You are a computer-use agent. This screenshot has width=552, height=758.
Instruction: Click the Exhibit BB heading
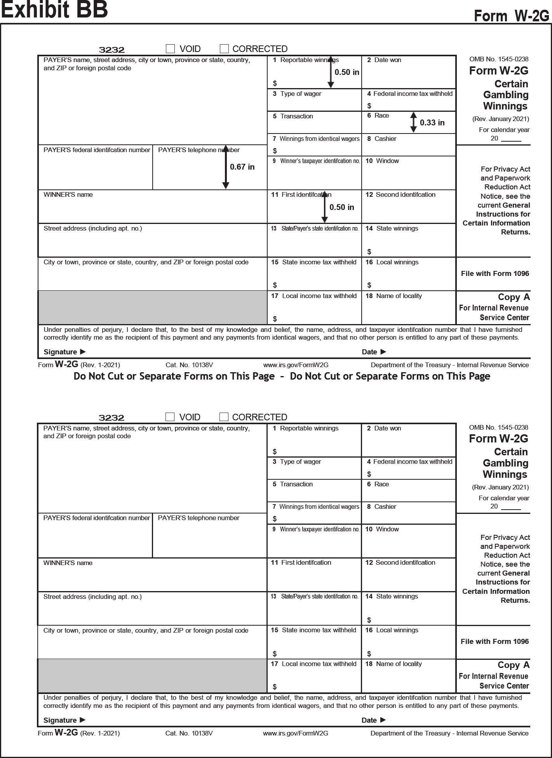[54, 10]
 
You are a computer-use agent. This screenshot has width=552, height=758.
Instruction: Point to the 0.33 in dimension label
[432, 123]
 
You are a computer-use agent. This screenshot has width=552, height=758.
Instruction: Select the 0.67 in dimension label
[242, 167]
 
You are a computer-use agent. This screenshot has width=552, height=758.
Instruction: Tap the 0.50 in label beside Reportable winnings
[347, 72]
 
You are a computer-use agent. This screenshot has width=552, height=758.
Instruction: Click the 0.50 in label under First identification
[341, 207]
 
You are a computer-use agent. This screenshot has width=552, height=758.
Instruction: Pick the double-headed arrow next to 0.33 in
[413, 122]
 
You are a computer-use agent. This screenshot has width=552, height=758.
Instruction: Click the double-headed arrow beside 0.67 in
[225, 167]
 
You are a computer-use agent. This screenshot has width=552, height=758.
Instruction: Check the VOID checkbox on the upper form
[170, 49]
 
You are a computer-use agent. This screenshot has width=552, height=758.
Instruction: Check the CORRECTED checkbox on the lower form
[224, 417]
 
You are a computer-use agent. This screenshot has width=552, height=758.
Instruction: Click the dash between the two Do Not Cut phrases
[282, 376]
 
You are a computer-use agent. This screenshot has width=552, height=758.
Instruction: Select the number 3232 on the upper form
[111, 50]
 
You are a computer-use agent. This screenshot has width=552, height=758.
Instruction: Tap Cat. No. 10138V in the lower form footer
[189, 733]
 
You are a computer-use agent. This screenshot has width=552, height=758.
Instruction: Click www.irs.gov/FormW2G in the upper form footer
[296, 365]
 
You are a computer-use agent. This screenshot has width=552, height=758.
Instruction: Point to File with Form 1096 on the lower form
[495, 642]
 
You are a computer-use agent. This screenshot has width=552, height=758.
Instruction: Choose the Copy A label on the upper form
[514, 297]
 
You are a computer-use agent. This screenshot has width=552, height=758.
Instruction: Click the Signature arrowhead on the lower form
[82, 720]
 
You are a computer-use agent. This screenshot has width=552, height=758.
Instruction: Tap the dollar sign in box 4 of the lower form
[369, 474]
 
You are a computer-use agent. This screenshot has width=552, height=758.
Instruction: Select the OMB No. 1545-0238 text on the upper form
[499, 59]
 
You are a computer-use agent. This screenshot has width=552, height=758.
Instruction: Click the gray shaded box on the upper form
[152, 307]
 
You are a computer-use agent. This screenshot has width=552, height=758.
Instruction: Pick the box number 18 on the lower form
[369, 664]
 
